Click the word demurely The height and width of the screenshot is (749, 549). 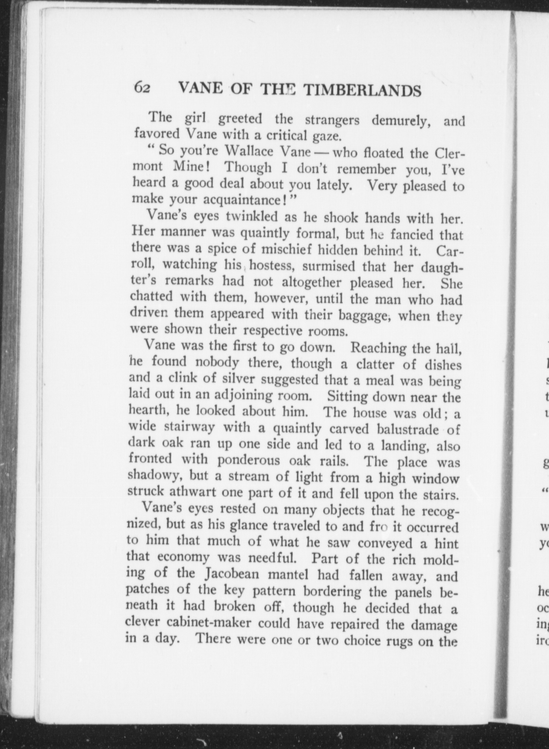point(402,121)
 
